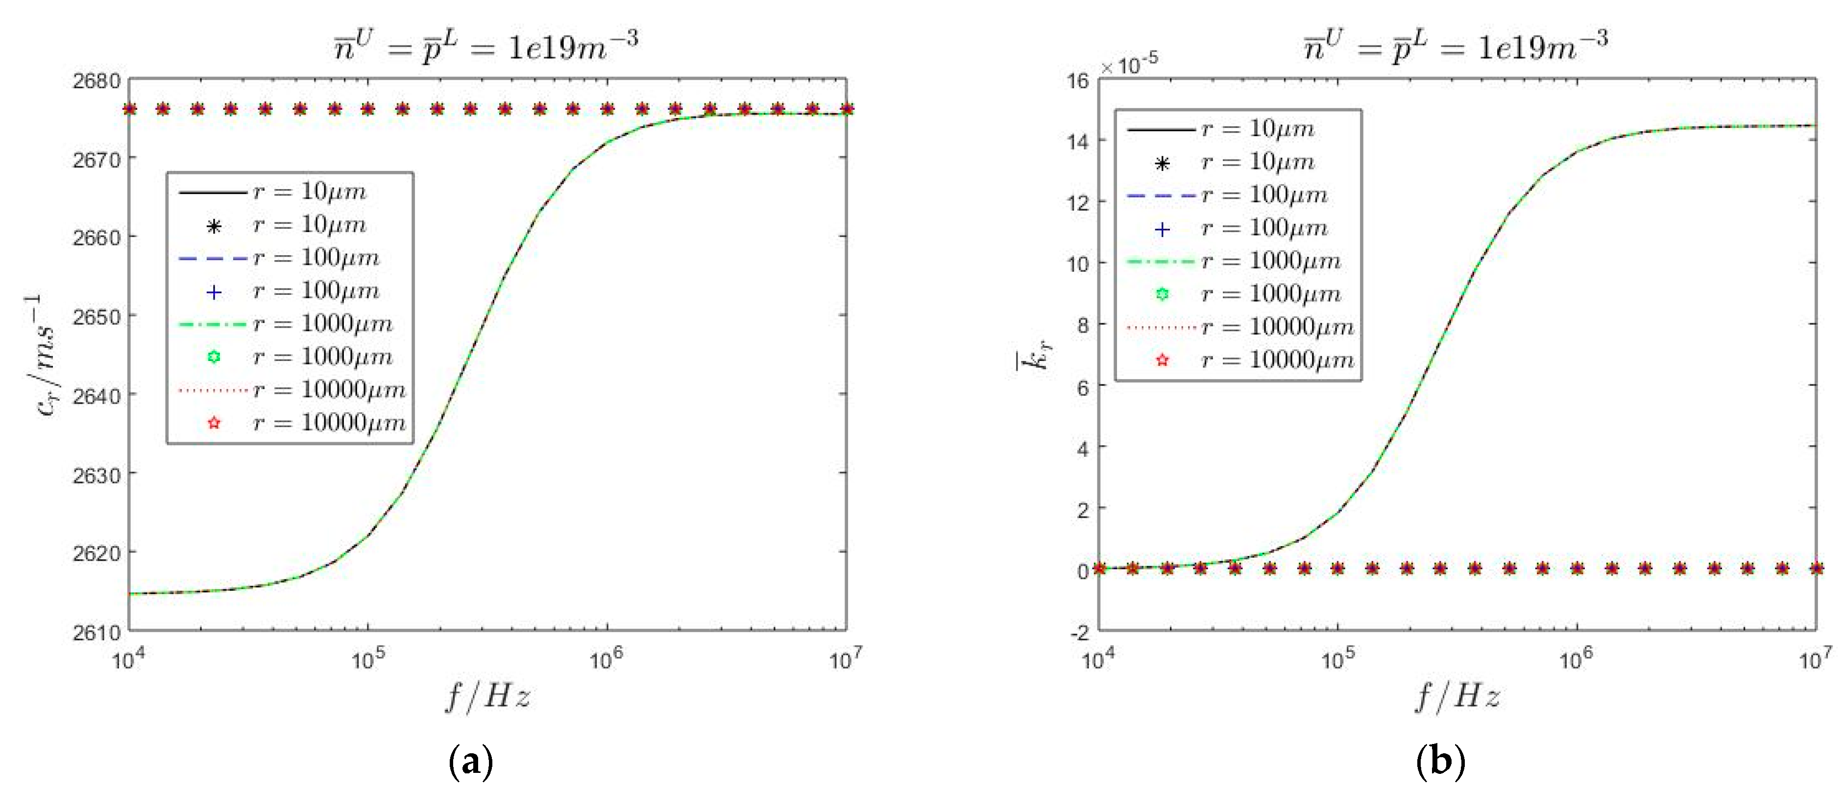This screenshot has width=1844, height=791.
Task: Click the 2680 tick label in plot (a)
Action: tap(96, 80)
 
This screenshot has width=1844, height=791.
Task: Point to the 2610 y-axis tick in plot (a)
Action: tap(96, 633)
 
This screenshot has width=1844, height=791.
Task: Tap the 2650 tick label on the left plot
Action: tap(96, 316)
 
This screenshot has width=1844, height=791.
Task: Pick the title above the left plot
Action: tap(486, 46)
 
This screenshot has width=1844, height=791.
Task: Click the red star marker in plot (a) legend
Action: tap(213, 423)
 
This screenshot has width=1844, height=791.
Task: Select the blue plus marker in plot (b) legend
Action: tap(1163, 229)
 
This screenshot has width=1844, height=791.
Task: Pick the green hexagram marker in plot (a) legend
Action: tap(213, 357)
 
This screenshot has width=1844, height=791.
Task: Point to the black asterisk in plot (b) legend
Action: tap(1163, 163)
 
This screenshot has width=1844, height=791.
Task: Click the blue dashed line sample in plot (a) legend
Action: tap(212, 258)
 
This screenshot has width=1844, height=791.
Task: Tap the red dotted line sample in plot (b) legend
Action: tap(1161, 328)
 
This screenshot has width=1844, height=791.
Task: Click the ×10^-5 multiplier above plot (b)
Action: tap(1130, 65)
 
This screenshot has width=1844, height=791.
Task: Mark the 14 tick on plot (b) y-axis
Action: tap(1077, 141)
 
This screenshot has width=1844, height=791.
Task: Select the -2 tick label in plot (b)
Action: tap(1079, 633)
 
